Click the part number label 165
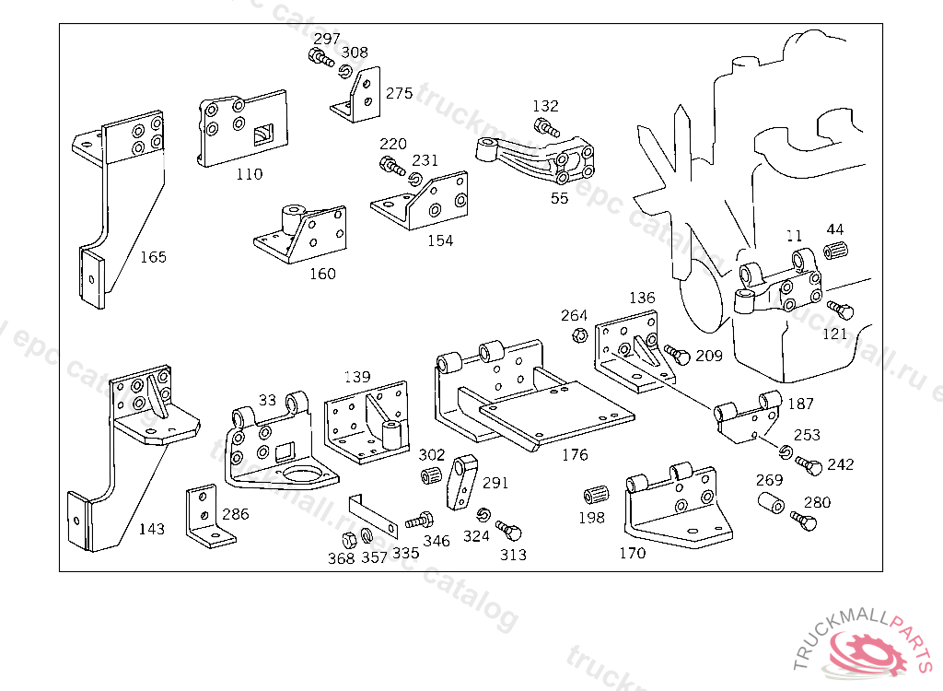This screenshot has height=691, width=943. tap(153, 256)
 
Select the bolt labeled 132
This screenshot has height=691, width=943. tap(544, 127)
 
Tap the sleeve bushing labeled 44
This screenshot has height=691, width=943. tap(834, 250)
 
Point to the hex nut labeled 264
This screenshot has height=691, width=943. tap(580, 334)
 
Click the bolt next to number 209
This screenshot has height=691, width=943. tap(677, 353)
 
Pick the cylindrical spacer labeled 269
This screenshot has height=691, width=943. tap(771, 503)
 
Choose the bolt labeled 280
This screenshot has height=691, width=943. tap(804, 521)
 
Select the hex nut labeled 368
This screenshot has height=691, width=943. tap(349, 538)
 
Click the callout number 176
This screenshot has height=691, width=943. tap(574, 454)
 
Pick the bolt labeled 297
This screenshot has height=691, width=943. tap(320, 59)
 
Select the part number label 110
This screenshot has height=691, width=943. tap(249, 174)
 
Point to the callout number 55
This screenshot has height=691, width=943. tap(559, 197)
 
